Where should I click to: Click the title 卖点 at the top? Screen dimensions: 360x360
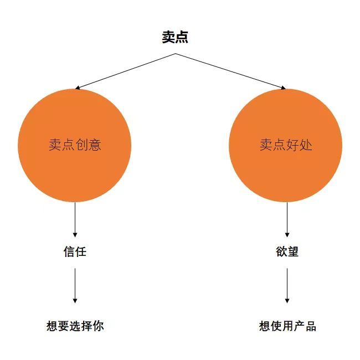click(175, 37)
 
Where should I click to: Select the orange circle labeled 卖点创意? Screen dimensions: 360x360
click(75, 146)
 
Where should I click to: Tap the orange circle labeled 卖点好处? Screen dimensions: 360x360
click(286, 146)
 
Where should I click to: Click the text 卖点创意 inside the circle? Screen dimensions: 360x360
click(75, 145)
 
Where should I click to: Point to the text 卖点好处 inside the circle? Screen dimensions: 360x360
click(286, 145)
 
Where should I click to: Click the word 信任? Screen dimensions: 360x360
click(75, 251)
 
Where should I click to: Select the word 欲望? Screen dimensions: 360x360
click(287, 251)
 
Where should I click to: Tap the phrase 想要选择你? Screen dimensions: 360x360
click(75, 326)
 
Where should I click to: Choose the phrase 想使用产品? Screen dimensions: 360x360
click(287, 326)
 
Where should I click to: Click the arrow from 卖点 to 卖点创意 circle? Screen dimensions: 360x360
click(125, 71)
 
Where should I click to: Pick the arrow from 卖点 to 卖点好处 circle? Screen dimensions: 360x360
click(231, 71)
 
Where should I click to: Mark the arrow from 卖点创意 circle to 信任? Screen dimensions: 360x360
click(75, 220)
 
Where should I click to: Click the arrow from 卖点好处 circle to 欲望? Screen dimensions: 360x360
click(287, 220)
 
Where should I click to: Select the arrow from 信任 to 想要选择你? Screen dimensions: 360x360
click(75, 285)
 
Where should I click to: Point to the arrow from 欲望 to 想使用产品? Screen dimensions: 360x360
click(287, 285)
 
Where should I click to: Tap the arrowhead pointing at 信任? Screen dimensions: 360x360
click(75, 235)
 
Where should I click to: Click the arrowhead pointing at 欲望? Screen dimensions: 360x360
click(287, 235)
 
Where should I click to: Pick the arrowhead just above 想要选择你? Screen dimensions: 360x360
click(75, 301)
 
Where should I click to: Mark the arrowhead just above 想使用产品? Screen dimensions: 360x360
click(287, 301)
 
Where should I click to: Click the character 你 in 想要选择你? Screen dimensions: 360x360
click(98, 326)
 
